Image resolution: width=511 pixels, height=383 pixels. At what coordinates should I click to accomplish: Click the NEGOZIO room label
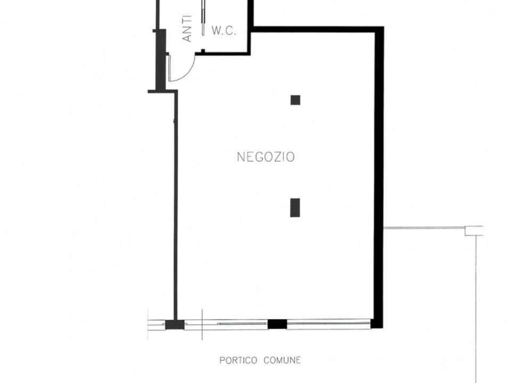pos(266,157)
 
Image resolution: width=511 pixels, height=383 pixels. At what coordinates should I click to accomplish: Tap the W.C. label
pos(224,31)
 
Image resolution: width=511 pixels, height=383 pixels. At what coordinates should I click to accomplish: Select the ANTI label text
pos(187,29)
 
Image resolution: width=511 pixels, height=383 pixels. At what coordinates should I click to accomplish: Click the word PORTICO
pos(238,361)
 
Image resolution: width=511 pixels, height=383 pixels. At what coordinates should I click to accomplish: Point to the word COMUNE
pos(282,360)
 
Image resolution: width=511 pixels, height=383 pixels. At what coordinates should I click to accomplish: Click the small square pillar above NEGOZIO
pos(295,100)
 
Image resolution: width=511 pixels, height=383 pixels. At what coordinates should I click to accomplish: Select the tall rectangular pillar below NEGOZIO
pos(295,207)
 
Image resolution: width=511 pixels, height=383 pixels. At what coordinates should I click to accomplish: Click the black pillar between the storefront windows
pos(277,324)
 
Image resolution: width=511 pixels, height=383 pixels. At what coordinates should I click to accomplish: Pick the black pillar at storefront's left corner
pos(175,324)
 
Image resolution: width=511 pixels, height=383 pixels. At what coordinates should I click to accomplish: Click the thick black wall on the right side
pos(378,178)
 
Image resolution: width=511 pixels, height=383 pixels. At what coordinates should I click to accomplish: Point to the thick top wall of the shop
pos(318,29)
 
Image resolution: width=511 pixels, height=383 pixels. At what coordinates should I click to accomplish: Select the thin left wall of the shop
pos(176,205)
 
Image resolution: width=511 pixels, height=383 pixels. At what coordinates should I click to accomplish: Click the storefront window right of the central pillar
pos(328,324)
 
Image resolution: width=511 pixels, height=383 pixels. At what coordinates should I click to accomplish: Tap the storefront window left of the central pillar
pos(226,324)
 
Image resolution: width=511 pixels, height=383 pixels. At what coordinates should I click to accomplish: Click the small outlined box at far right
pos(474,230)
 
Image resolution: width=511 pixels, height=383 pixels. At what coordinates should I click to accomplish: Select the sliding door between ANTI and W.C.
pos(203,18)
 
